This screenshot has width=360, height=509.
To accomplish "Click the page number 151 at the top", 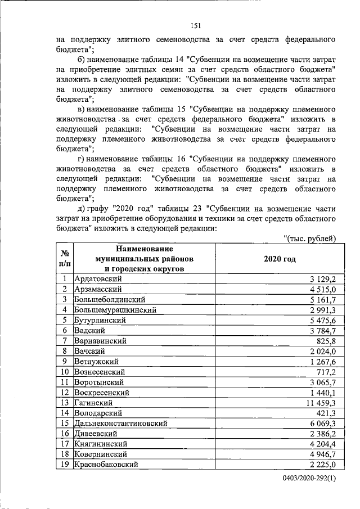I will [196, 25].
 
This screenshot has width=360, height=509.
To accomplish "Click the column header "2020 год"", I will [279, 259].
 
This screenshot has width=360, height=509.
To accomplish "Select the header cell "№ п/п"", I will [65, 259].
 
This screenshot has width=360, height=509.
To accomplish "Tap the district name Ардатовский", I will [98, 279].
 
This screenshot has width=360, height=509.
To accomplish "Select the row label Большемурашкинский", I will [115, 310].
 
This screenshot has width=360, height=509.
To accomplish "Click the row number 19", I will [65, 464].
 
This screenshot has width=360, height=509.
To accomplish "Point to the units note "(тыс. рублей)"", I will [310, 239].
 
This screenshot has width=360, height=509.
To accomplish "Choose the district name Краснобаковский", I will [106, 464].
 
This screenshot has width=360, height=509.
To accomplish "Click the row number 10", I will [65, 372].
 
